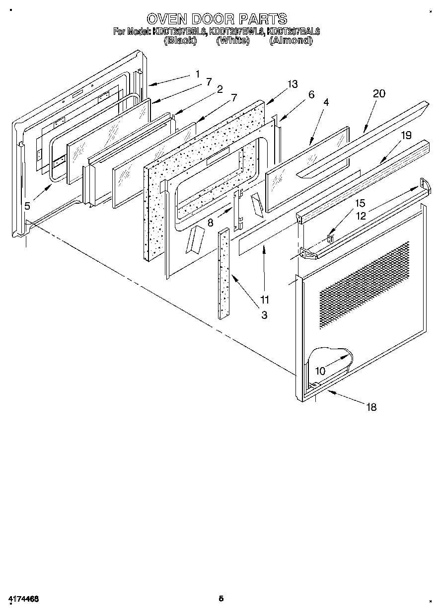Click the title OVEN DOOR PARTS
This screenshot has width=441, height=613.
[217, 19]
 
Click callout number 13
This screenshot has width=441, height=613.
[293, 84]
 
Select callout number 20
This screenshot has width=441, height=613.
[379, 94]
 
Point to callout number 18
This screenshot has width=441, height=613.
[371, 407]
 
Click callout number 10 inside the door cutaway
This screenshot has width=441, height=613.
[320, 371]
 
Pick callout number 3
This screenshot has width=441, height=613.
[264, 315]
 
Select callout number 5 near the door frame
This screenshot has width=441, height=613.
[27, 206]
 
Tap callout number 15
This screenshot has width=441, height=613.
[360, 203]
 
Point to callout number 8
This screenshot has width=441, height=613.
[211, 223]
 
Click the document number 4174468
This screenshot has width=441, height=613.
[23, 599]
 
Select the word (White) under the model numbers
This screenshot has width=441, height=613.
[232, 41]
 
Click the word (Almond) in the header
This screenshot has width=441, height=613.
[291, 41]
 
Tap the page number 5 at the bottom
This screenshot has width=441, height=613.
[221, 599]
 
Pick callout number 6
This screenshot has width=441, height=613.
[311, 94]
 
